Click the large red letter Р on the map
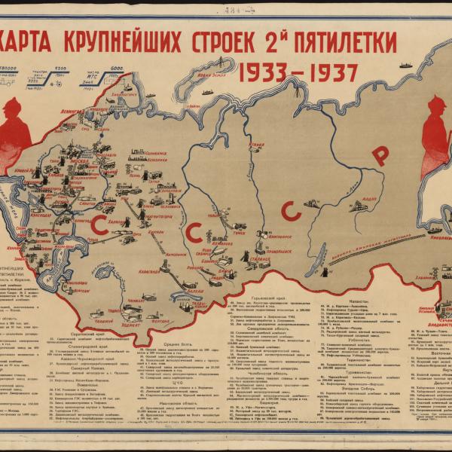point(381,155)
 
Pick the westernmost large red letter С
point(98,223)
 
